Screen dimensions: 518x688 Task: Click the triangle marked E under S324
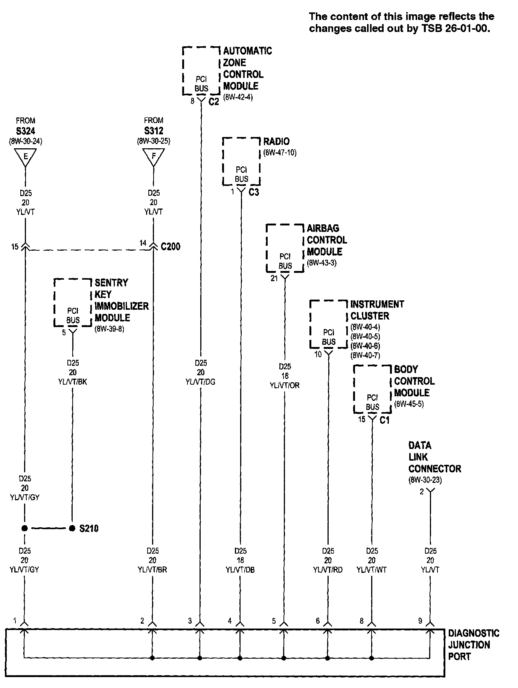[x=26, y=157]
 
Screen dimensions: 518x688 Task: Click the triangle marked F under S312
[x=154, y=157]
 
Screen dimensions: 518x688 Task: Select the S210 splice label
[x=89, y=528]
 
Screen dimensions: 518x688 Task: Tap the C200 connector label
[x=171, y=247]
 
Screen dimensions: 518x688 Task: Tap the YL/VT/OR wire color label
[x=285, y=385]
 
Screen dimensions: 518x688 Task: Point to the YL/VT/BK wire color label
[x=73, y=382]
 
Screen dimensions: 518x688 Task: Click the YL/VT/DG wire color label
[x=201, y=382]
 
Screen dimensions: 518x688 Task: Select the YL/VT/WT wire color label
[x=372, y=570]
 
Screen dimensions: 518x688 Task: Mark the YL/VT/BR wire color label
[x=152, y=570]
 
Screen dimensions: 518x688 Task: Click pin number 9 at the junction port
[x=420, y=621]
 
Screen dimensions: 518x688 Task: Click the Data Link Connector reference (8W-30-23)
[x=425, y=480]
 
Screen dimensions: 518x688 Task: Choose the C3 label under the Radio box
[x=254, y=192]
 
